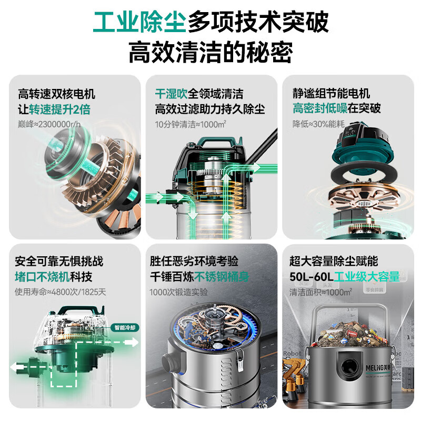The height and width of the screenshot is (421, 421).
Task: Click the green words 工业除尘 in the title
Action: tap(139, 22)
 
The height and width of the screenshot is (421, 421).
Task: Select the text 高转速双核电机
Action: tap(56, 94)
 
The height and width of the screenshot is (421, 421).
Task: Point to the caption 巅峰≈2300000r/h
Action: tap(50, 125)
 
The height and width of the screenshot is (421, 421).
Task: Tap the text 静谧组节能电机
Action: tap(332, 94)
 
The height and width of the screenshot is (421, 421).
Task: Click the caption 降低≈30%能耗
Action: tap(318, 125)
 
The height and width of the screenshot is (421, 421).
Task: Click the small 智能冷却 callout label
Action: tap(125, 327)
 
